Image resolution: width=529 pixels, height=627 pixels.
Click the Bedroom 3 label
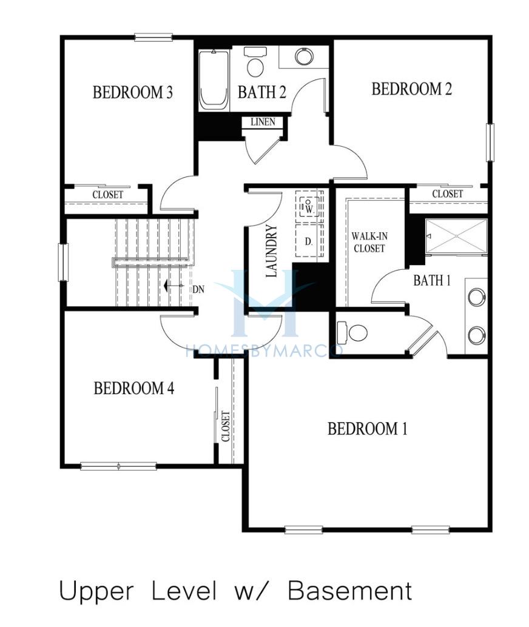click(133, 92)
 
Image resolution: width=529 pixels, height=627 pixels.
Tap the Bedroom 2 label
click(412, 89)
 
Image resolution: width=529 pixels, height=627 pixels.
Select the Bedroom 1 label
click(368, 429)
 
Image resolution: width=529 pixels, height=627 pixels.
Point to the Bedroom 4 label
click(134, 388)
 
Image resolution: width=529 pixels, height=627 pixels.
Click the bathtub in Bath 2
click(214, 80)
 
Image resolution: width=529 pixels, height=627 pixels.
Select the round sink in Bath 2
click(304, 56)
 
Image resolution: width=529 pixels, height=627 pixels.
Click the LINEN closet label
click(263, 122)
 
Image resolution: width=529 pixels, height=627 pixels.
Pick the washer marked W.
click(309, 206)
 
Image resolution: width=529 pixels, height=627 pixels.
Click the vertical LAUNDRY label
click(271, 251)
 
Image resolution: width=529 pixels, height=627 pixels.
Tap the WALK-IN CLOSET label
click(369, 243)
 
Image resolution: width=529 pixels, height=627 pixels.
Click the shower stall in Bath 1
click(456, 236)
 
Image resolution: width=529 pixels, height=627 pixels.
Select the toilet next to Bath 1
click(352, 332)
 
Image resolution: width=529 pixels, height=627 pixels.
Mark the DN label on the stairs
click(198, 289)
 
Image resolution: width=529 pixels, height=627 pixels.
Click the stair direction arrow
click(174, 286)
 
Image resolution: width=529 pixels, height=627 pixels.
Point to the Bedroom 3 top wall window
click(153, 38)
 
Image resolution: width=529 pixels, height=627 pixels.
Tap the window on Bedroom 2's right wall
click(490, 142)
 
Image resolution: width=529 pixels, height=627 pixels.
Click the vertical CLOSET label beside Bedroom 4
click(225, 426)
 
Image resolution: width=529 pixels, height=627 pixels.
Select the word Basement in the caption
click(349, 591)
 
